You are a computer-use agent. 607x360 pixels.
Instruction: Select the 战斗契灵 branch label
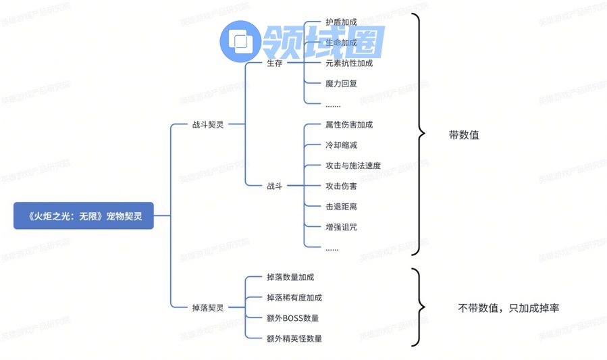[207, 124]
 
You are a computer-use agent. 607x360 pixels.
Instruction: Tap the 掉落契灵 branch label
[207, 307]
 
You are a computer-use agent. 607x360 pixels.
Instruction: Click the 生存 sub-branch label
[274, 63]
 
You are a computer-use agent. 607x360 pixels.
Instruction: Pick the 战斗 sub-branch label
[274, 186]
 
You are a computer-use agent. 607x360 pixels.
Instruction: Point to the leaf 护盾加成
[341, 22]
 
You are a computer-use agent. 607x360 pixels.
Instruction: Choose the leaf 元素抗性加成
[349, 63]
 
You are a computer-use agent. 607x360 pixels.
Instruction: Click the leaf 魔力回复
[341, 84]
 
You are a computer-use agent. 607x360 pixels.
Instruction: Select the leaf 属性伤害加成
[349, 125]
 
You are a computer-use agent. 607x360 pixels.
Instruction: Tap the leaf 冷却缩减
[341, 145]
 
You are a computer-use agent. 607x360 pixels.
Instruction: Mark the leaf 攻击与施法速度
[353, 165]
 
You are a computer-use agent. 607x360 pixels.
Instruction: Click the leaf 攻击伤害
[341, 186]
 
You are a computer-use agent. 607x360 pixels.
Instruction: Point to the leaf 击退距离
[341, 206]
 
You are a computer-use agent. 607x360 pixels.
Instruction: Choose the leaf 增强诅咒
[341, 227]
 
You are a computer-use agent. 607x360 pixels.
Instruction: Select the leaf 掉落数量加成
[290, 277]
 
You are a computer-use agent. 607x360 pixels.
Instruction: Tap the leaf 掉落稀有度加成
[294, 297]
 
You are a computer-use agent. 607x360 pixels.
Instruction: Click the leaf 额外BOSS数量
[293, 317]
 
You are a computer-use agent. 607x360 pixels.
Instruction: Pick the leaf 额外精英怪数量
[294, 338]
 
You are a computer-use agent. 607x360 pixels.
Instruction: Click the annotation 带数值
[464, 134]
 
